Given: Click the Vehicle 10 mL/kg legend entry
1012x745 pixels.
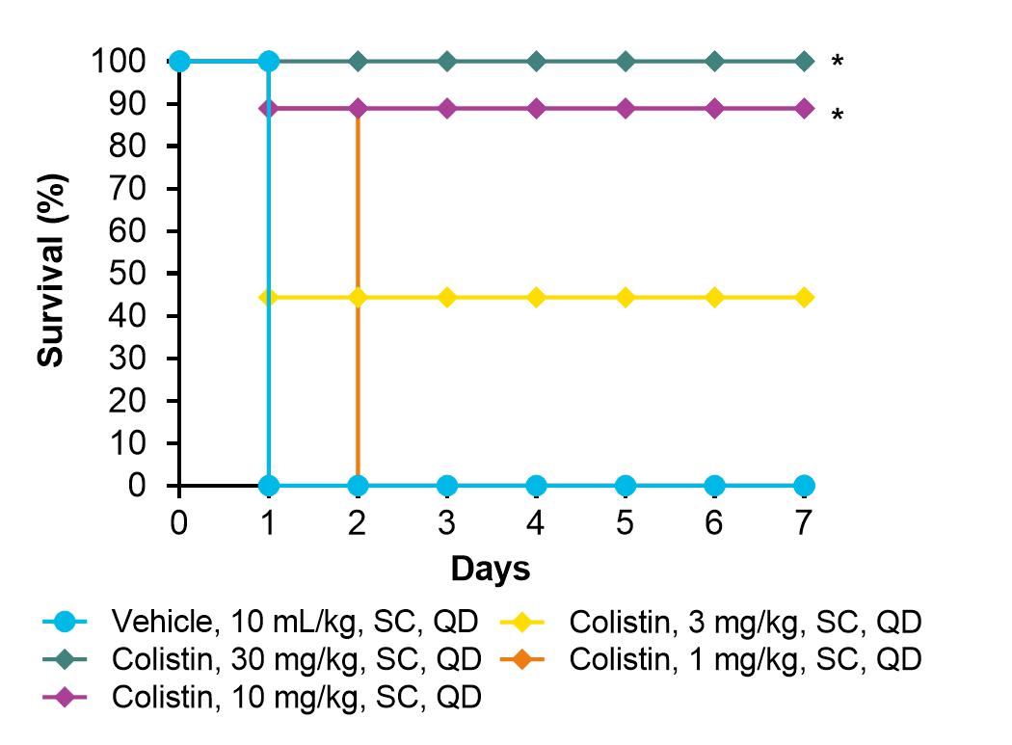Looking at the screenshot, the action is coord(261,622).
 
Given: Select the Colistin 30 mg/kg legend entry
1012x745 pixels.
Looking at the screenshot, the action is coord(262,659).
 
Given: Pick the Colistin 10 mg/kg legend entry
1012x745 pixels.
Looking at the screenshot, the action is coord(262,697).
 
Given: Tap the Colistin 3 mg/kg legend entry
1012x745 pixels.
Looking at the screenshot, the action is coord(710,622).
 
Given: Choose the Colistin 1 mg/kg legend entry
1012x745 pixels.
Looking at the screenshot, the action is coord(710,659).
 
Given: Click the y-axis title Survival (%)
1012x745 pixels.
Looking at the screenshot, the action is coord(51,271).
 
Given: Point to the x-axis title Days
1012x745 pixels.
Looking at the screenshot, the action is coord(491,569).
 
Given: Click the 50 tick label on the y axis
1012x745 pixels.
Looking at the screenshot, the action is coord(127,273).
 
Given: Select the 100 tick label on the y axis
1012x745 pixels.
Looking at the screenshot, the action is coord(119,62).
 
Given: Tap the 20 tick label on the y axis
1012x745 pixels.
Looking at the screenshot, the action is coord(127,400).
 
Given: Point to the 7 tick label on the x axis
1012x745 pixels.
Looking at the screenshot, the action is coord(803,522).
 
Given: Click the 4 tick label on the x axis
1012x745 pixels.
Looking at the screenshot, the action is coord(535,522).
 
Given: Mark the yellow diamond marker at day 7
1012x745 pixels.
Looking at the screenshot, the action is coord(804,298).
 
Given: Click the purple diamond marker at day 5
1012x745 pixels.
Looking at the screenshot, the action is coord(625,109).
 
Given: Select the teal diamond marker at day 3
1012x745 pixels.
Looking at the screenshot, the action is coord(446,62).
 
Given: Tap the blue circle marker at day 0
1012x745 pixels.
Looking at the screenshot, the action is coord(179,62).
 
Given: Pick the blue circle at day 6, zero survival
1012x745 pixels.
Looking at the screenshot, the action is coord(714,486).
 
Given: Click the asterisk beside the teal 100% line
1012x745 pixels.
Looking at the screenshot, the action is coord(838,62).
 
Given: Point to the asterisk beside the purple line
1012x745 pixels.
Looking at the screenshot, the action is coord(838,116).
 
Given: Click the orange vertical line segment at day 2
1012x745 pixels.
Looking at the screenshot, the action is coord(357,297).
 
